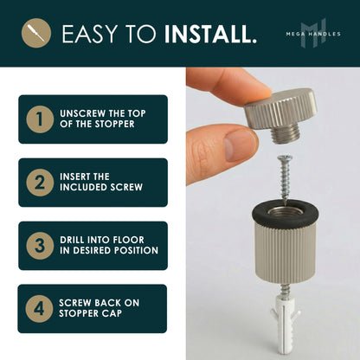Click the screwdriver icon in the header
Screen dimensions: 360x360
click(x=35, y=34)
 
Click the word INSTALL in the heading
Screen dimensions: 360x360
click(x=210, y=35)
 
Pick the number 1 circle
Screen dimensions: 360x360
click(x=38, y=119)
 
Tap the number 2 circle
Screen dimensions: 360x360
click(x=38, y=182)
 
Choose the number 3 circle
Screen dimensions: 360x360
click(x=38, y=245)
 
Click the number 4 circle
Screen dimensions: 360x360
click(x=38, y=308)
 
